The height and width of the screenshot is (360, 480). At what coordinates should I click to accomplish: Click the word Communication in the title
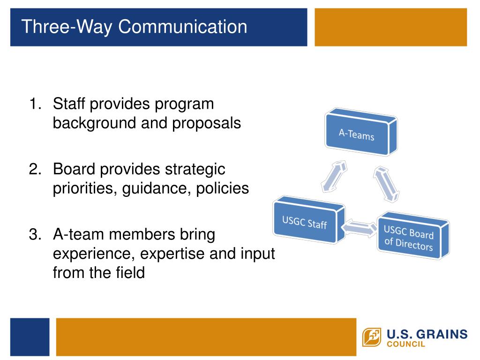point(183,27)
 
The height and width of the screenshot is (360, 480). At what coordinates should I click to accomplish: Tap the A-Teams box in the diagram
point(361,132)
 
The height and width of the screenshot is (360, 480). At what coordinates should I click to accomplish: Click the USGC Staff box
point(309,220)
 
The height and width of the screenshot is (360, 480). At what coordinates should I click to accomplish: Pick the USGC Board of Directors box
point(413,235)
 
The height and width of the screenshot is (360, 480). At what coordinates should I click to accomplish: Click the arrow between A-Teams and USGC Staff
point(334,176)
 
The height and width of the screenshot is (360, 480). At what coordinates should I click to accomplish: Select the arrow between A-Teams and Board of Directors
point(386,184)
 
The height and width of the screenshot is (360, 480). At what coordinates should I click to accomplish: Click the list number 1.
point(35,104)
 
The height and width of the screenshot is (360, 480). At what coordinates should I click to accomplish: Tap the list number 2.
point(35,169)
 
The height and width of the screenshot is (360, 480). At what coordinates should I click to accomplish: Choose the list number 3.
point(35,234)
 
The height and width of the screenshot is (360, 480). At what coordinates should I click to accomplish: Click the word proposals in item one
point(206,124)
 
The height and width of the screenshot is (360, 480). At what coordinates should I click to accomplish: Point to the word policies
point(222,188)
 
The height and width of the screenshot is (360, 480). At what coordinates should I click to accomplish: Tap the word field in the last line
point(130,273)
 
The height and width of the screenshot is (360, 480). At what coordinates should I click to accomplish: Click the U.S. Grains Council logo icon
point(372,337)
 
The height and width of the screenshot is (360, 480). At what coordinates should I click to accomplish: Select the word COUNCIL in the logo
point(406,344)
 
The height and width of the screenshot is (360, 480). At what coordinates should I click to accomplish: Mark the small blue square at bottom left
point(30,337)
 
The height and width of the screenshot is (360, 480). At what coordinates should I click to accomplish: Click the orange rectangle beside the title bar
point(390,27)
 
